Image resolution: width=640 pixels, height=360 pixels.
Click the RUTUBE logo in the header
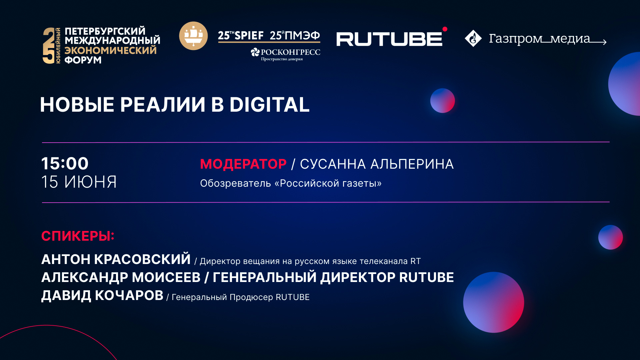click(x=389, y=39)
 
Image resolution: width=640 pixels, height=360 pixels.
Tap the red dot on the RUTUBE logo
click(x=445, y=29)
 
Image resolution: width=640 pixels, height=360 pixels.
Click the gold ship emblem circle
click(x=193, y=36)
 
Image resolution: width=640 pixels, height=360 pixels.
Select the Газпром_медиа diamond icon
click(x=473, y=38)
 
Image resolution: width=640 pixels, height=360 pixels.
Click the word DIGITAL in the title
click(x=269, y=105)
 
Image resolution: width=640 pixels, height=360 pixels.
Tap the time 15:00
click(x=65, y=163)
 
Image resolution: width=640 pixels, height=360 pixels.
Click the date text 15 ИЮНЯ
click(x=79, y=182)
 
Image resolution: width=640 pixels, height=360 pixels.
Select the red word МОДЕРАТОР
click(x=243, y=164)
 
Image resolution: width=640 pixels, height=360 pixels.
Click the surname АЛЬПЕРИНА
click(x=412, y=164)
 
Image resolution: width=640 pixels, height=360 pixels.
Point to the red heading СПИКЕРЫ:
click(x=78, y=236)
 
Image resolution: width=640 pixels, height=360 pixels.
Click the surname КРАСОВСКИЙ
click(x=142, y=259)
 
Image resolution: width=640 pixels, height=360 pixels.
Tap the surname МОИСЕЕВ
click(x=166, y=277)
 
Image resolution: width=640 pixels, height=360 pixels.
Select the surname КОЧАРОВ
click(x=129, y=295)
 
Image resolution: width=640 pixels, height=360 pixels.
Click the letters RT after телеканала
click(x=415, y=261)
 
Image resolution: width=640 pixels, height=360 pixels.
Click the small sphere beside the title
click(x=442, y=101)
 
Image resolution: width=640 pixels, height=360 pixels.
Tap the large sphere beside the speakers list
click(x=493, y=302)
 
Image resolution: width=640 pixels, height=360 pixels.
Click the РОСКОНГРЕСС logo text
click(x=290, y=52)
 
